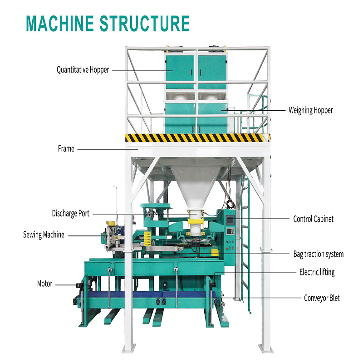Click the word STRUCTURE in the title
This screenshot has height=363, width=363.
point(144,23)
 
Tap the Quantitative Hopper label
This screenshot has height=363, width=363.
point(83,70)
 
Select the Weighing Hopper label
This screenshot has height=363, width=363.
point(311,110)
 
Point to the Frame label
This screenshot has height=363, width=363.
point(66,148)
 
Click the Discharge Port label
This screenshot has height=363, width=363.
point(70,213)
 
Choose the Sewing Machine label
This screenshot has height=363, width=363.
point(44,235)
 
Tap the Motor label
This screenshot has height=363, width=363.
point(44,284)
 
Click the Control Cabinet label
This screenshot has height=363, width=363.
point(313,219)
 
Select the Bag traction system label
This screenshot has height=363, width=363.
point(318,254)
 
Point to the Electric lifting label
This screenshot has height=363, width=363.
point(317,272)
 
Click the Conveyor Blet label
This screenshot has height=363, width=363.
point(322,298)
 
